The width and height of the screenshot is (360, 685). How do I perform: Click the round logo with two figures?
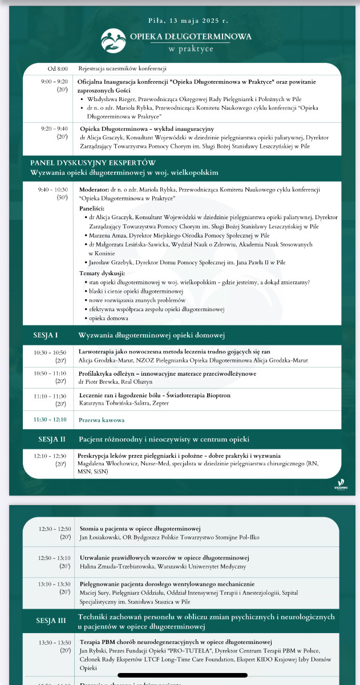coord(114,41)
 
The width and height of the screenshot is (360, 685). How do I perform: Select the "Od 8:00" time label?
coord(57,69)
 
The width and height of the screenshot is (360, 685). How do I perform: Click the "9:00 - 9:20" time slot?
coord(54,82)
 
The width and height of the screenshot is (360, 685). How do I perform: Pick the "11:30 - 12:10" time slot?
coord(50,420)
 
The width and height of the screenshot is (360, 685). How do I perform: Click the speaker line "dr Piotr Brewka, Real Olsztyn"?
coord(118,381)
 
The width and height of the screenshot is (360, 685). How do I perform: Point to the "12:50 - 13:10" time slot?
coord(55,557)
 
